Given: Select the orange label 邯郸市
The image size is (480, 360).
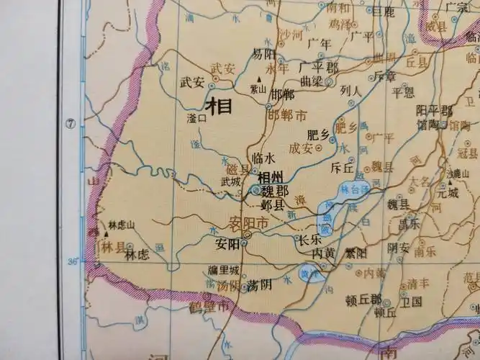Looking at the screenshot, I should click(x=286, y=115).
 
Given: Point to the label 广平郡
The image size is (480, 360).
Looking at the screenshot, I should click(x=317, y=66).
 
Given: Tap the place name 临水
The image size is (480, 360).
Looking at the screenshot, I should click(x=264, y=158).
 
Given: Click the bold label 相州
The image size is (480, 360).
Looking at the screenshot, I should click(x=270, y=178).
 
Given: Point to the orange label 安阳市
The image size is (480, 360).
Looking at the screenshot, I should click(x=248, y=224).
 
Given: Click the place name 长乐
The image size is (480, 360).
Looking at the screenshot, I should click(x=307, y=240).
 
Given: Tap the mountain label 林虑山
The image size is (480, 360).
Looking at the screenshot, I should click(x=121, y=225).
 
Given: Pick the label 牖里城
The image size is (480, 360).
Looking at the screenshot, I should click(x=222, y=271).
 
